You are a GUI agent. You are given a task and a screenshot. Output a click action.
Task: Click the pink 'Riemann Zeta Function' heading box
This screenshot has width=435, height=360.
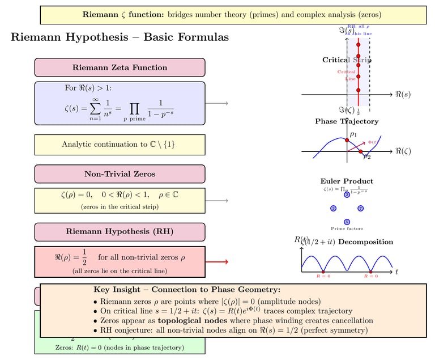(x=120, y=67)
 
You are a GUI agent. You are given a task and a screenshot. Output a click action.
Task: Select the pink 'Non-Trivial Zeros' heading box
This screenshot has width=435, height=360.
(x=120, y=174)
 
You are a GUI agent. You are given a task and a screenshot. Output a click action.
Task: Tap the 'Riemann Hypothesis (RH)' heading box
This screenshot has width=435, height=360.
(x=120, y=232)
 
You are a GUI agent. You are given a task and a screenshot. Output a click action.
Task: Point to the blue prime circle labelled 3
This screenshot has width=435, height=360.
(x=333, y=209)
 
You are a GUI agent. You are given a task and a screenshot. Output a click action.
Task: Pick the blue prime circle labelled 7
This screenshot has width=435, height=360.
(x=361, y=209)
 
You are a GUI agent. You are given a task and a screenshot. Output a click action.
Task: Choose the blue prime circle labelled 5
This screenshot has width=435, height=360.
(x=347, y=222)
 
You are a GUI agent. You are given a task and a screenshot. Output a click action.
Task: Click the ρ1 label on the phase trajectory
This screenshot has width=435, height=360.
(x=353, y=134)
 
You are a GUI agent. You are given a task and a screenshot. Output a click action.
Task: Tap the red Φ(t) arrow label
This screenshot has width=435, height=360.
(x=372, y=142)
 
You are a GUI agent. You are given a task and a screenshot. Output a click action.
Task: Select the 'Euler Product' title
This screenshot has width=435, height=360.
(x=347, y=181)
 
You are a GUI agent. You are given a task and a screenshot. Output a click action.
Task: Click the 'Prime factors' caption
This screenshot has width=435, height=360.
(x=347, y=229)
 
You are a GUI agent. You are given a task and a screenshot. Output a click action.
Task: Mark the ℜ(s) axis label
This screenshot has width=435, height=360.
(x=402, y=94)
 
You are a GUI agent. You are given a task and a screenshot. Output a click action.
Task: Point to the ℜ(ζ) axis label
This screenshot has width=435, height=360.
(x=402, y=151)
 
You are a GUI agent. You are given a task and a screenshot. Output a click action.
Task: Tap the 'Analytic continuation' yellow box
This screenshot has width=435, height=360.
(x=120, y=145)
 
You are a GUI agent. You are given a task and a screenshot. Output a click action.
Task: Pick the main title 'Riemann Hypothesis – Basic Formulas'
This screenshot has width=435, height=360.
(x=120, y=37)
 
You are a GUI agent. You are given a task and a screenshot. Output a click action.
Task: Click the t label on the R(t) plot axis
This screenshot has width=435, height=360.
(x=397, y=272)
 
